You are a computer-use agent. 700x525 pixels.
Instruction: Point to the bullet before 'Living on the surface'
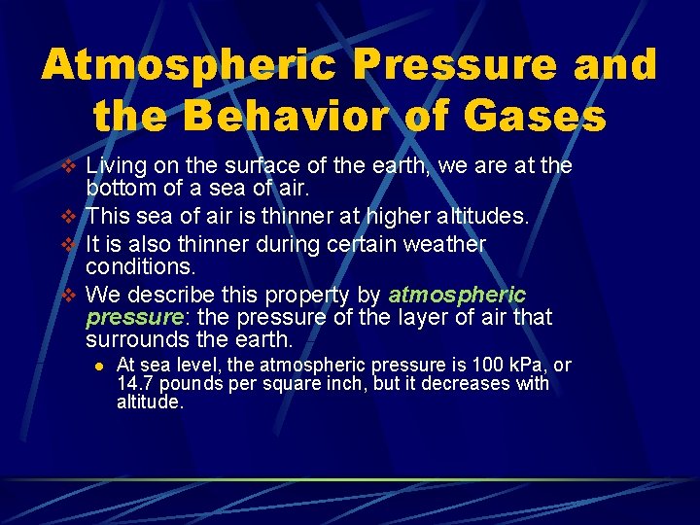point(66,167)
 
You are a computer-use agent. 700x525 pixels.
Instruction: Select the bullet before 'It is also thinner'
point(66,243)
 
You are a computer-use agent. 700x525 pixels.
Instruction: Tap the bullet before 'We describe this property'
point(66,295)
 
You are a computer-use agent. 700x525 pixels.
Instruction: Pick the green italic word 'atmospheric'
point(457,295)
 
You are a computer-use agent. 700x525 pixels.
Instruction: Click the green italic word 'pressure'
point(133,318)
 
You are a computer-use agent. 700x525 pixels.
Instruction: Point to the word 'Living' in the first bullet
point(115,167)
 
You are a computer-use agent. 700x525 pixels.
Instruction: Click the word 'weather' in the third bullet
point(440,243)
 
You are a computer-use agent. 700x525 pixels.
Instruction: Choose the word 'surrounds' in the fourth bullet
point(139,340)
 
